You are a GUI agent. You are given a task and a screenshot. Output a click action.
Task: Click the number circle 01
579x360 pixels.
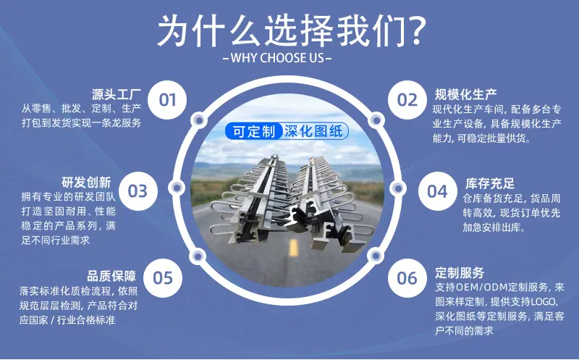(x=167, y=100)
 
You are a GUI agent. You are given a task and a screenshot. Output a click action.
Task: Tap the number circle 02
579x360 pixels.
(x=407, y=100)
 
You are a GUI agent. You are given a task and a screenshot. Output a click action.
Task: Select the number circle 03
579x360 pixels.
(x=138, y=191)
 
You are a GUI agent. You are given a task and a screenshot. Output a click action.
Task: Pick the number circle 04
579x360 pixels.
(x=438, y=191)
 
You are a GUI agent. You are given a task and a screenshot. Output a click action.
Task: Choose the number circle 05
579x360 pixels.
(x=163, y=278)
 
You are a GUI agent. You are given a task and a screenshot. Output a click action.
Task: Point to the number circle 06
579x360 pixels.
(x=407, y=278)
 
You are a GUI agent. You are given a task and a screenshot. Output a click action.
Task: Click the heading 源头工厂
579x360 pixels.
(x=117, y=95)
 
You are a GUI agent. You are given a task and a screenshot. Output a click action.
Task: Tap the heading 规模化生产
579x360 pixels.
(x=465, y=95)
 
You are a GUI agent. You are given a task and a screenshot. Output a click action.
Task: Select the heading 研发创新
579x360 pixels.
(x=86, y=183)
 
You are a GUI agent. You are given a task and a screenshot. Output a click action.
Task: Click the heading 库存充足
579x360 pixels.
(x=490, y=183)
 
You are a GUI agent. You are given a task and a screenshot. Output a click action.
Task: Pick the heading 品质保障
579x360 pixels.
(x=111, y=276)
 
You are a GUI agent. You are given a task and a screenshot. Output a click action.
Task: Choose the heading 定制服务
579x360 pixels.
(x=460, y=273)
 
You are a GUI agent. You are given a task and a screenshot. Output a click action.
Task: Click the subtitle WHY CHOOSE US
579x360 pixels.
(x=277, y=58)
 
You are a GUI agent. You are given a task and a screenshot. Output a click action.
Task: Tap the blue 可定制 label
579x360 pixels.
(x=254, y=131)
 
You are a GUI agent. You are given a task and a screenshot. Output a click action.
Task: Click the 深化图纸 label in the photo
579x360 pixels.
(x=314, y=131)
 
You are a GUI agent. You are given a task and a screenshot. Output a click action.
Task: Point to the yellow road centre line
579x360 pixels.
(x=294, y=247)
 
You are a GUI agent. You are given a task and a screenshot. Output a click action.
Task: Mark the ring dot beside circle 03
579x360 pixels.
(x=177, y=188)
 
